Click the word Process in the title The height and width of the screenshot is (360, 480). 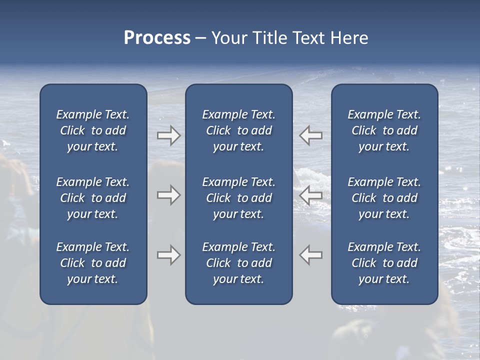157,38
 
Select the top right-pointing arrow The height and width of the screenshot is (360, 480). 169,135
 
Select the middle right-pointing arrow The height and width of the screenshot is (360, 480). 169,195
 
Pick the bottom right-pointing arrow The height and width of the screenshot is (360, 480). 169,255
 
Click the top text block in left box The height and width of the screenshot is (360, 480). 93,130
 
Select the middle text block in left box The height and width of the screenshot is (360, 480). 93,198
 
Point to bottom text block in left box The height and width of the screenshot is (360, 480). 93,263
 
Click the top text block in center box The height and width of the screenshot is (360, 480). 238,130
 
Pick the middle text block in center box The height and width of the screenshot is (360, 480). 238,198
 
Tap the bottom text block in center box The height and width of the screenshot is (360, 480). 238,263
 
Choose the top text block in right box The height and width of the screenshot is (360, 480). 384,130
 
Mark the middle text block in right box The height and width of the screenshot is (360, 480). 384,198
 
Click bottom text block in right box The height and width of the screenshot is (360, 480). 384,263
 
